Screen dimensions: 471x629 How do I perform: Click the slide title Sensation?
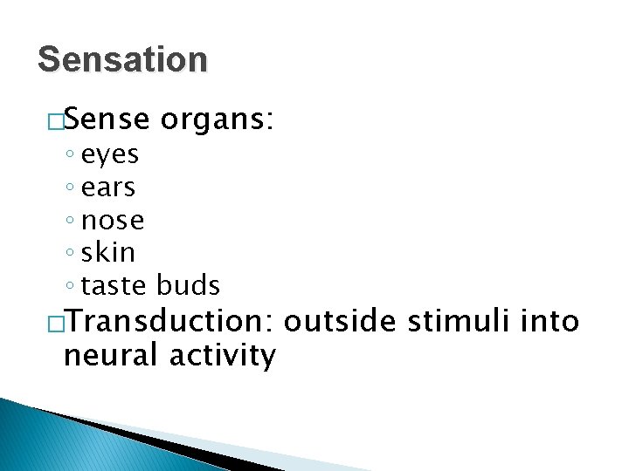pos(123,60)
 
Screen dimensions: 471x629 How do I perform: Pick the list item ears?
pos(108,188)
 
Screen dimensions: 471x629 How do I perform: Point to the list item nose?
pos(113,221)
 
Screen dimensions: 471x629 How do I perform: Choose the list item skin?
pos(108,252)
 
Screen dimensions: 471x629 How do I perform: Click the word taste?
pos(115,285)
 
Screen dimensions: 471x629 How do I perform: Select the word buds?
pos(189,285)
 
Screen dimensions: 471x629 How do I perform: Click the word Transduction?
pos(169,321)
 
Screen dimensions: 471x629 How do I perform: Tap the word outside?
pos(342,321)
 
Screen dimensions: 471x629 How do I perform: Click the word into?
pos(550,321)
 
